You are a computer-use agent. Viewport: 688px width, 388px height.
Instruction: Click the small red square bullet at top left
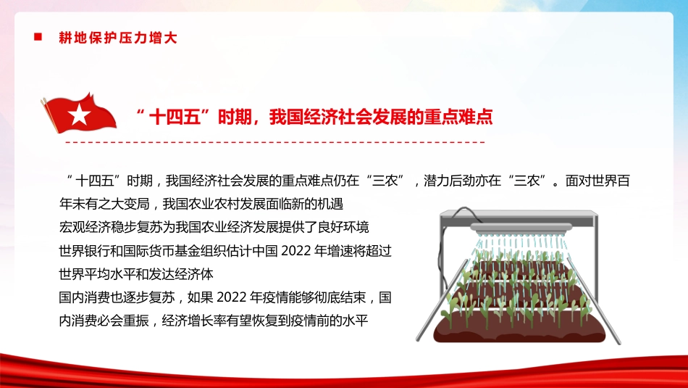[x=38, y=36]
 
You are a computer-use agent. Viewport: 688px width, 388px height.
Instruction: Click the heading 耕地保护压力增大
[x=118, y=38]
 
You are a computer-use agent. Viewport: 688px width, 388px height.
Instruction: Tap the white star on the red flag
[x=77, y=112]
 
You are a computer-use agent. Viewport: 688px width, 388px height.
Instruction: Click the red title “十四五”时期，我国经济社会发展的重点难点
[x=314, y=117]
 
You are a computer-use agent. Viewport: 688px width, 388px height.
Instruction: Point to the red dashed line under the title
[x=275, y=141]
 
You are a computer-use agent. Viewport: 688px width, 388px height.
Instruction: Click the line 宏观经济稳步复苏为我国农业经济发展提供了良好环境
[x=214, y=228]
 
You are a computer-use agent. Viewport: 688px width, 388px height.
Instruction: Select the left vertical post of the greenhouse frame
[x=444, y=261]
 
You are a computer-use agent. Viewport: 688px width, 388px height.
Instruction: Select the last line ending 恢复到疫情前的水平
[x=214, y=321]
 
